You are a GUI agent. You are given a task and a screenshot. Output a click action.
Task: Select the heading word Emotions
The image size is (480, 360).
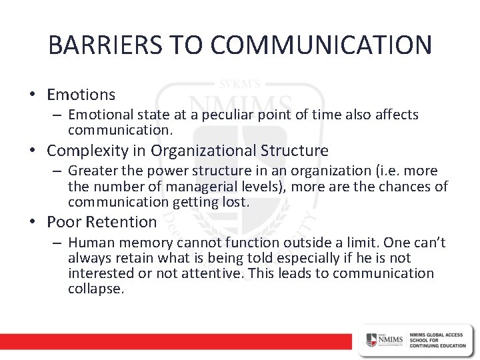(x=81, y=95)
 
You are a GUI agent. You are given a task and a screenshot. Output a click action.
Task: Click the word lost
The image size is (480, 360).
(x=236, y=202)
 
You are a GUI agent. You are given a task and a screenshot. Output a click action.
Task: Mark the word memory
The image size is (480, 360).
(x=138, y=243)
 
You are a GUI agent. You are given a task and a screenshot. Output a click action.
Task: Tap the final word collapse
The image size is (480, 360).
(x=96, y=290)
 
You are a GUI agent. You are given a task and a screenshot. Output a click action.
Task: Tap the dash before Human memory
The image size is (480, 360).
(x=58, y=243)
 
